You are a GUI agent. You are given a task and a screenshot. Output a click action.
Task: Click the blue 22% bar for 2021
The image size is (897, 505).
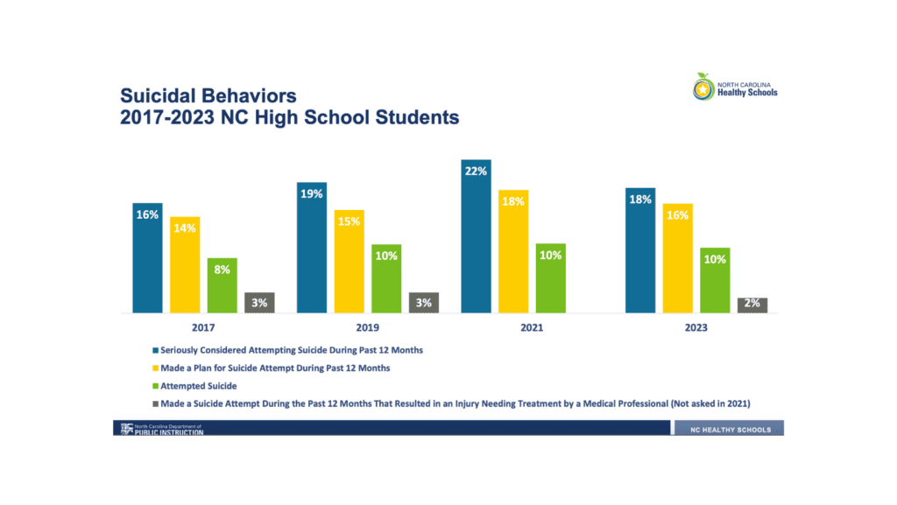[476, 236]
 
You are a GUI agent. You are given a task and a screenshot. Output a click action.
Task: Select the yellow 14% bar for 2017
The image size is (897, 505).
[185, 264]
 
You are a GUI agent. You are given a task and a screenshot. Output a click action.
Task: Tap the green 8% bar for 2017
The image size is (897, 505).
[222, 285]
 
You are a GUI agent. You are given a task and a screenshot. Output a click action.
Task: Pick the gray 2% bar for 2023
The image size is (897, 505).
[752, 305]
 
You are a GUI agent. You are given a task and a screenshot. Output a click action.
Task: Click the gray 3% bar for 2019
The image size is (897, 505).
[424, 303]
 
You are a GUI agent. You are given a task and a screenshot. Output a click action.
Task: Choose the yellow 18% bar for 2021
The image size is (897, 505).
[513, 251]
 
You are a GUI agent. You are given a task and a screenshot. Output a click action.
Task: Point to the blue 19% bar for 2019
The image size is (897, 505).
[312, 248]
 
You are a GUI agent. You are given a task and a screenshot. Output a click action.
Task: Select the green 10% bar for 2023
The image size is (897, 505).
[715, 280]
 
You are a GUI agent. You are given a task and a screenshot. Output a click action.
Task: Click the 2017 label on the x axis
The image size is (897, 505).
[203, 328]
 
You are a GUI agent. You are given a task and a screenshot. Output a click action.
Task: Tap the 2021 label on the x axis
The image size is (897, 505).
[532, 328]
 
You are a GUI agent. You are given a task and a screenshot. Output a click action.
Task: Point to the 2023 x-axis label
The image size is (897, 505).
[696, 328]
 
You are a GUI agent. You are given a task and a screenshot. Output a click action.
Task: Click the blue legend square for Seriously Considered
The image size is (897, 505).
[156, 350]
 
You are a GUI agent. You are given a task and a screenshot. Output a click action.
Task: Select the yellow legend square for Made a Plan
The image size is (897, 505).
[156, 368]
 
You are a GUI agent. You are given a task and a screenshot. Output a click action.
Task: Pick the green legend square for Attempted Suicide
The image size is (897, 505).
[156, 386]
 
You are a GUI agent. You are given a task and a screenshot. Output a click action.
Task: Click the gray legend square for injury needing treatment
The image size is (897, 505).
[156, 403]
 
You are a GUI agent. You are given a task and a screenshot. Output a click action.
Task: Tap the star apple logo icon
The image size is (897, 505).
[703, 88]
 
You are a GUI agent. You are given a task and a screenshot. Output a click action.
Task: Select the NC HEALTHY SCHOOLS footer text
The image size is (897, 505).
[731, 430]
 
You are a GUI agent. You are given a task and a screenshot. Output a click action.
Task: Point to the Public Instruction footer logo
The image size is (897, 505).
[162, 429]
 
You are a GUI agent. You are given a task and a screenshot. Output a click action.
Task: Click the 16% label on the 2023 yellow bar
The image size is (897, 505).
[677, 215]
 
